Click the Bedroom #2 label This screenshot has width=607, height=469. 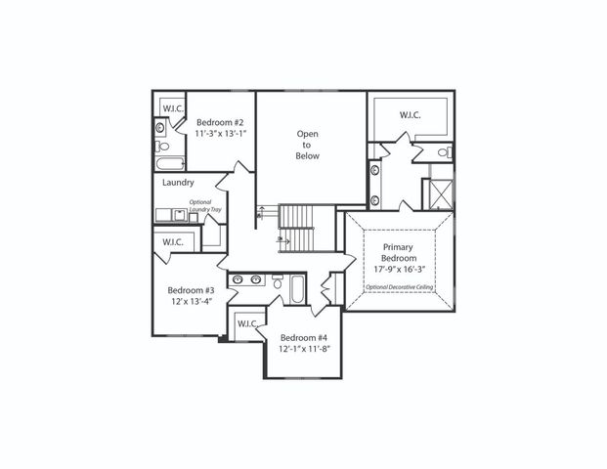pos(220,123)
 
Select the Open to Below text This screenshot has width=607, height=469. pos(309,144)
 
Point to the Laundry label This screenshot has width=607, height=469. pos(178,183)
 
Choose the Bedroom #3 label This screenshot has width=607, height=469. pos(191,290)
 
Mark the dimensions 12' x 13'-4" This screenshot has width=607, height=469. pos(191,303)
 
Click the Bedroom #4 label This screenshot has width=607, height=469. pos(303,337)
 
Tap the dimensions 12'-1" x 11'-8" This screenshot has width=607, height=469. pos(304,349)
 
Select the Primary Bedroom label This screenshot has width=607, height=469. pos(402,253)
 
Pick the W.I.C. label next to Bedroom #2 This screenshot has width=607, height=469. pos(173,108)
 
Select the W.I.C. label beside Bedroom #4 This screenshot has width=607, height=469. pos(246,323)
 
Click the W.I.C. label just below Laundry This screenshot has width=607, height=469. pos(173,241)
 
